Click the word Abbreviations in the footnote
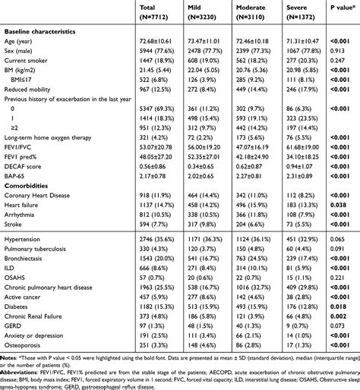tap(23, 374)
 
